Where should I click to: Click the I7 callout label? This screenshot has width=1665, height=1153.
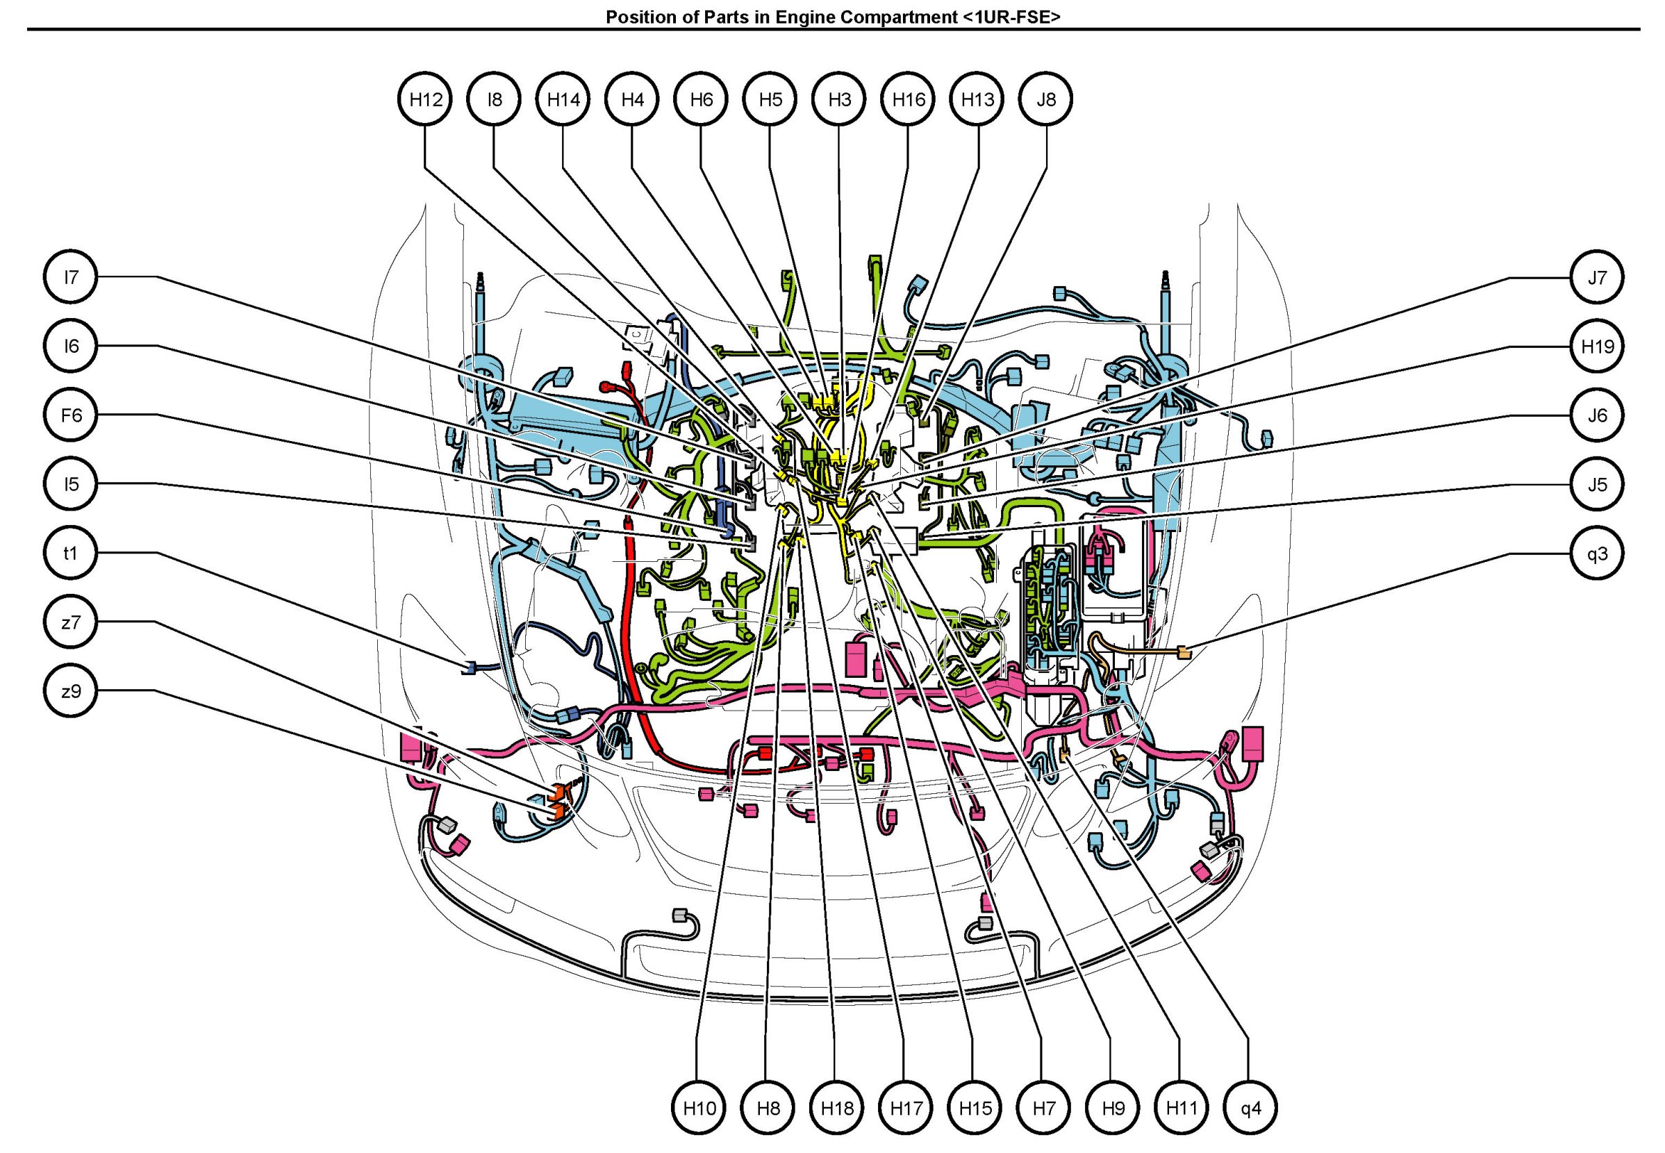point(71,276)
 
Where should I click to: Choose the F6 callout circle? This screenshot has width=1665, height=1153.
point(71,415)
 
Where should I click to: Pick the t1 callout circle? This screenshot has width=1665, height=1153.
point(71,554)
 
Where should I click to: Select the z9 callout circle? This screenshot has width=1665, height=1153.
point(71,691)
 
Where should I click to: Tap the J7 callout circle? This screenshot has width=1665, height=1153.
point(1597,276)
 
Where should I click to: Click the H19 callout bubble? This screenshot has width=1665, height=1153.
point(1597,346)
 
